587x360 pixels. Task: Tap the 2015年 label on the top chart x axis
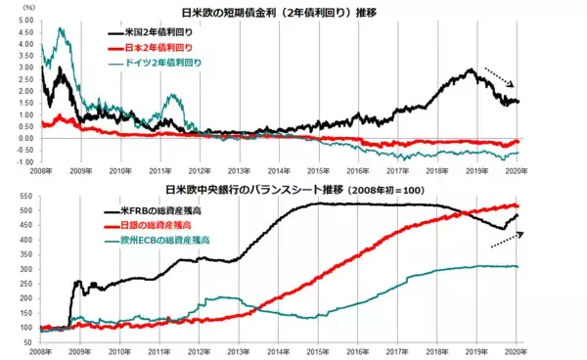pos(317,170)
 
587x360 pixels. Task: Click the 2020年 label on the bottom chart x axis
pos(518,349)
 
